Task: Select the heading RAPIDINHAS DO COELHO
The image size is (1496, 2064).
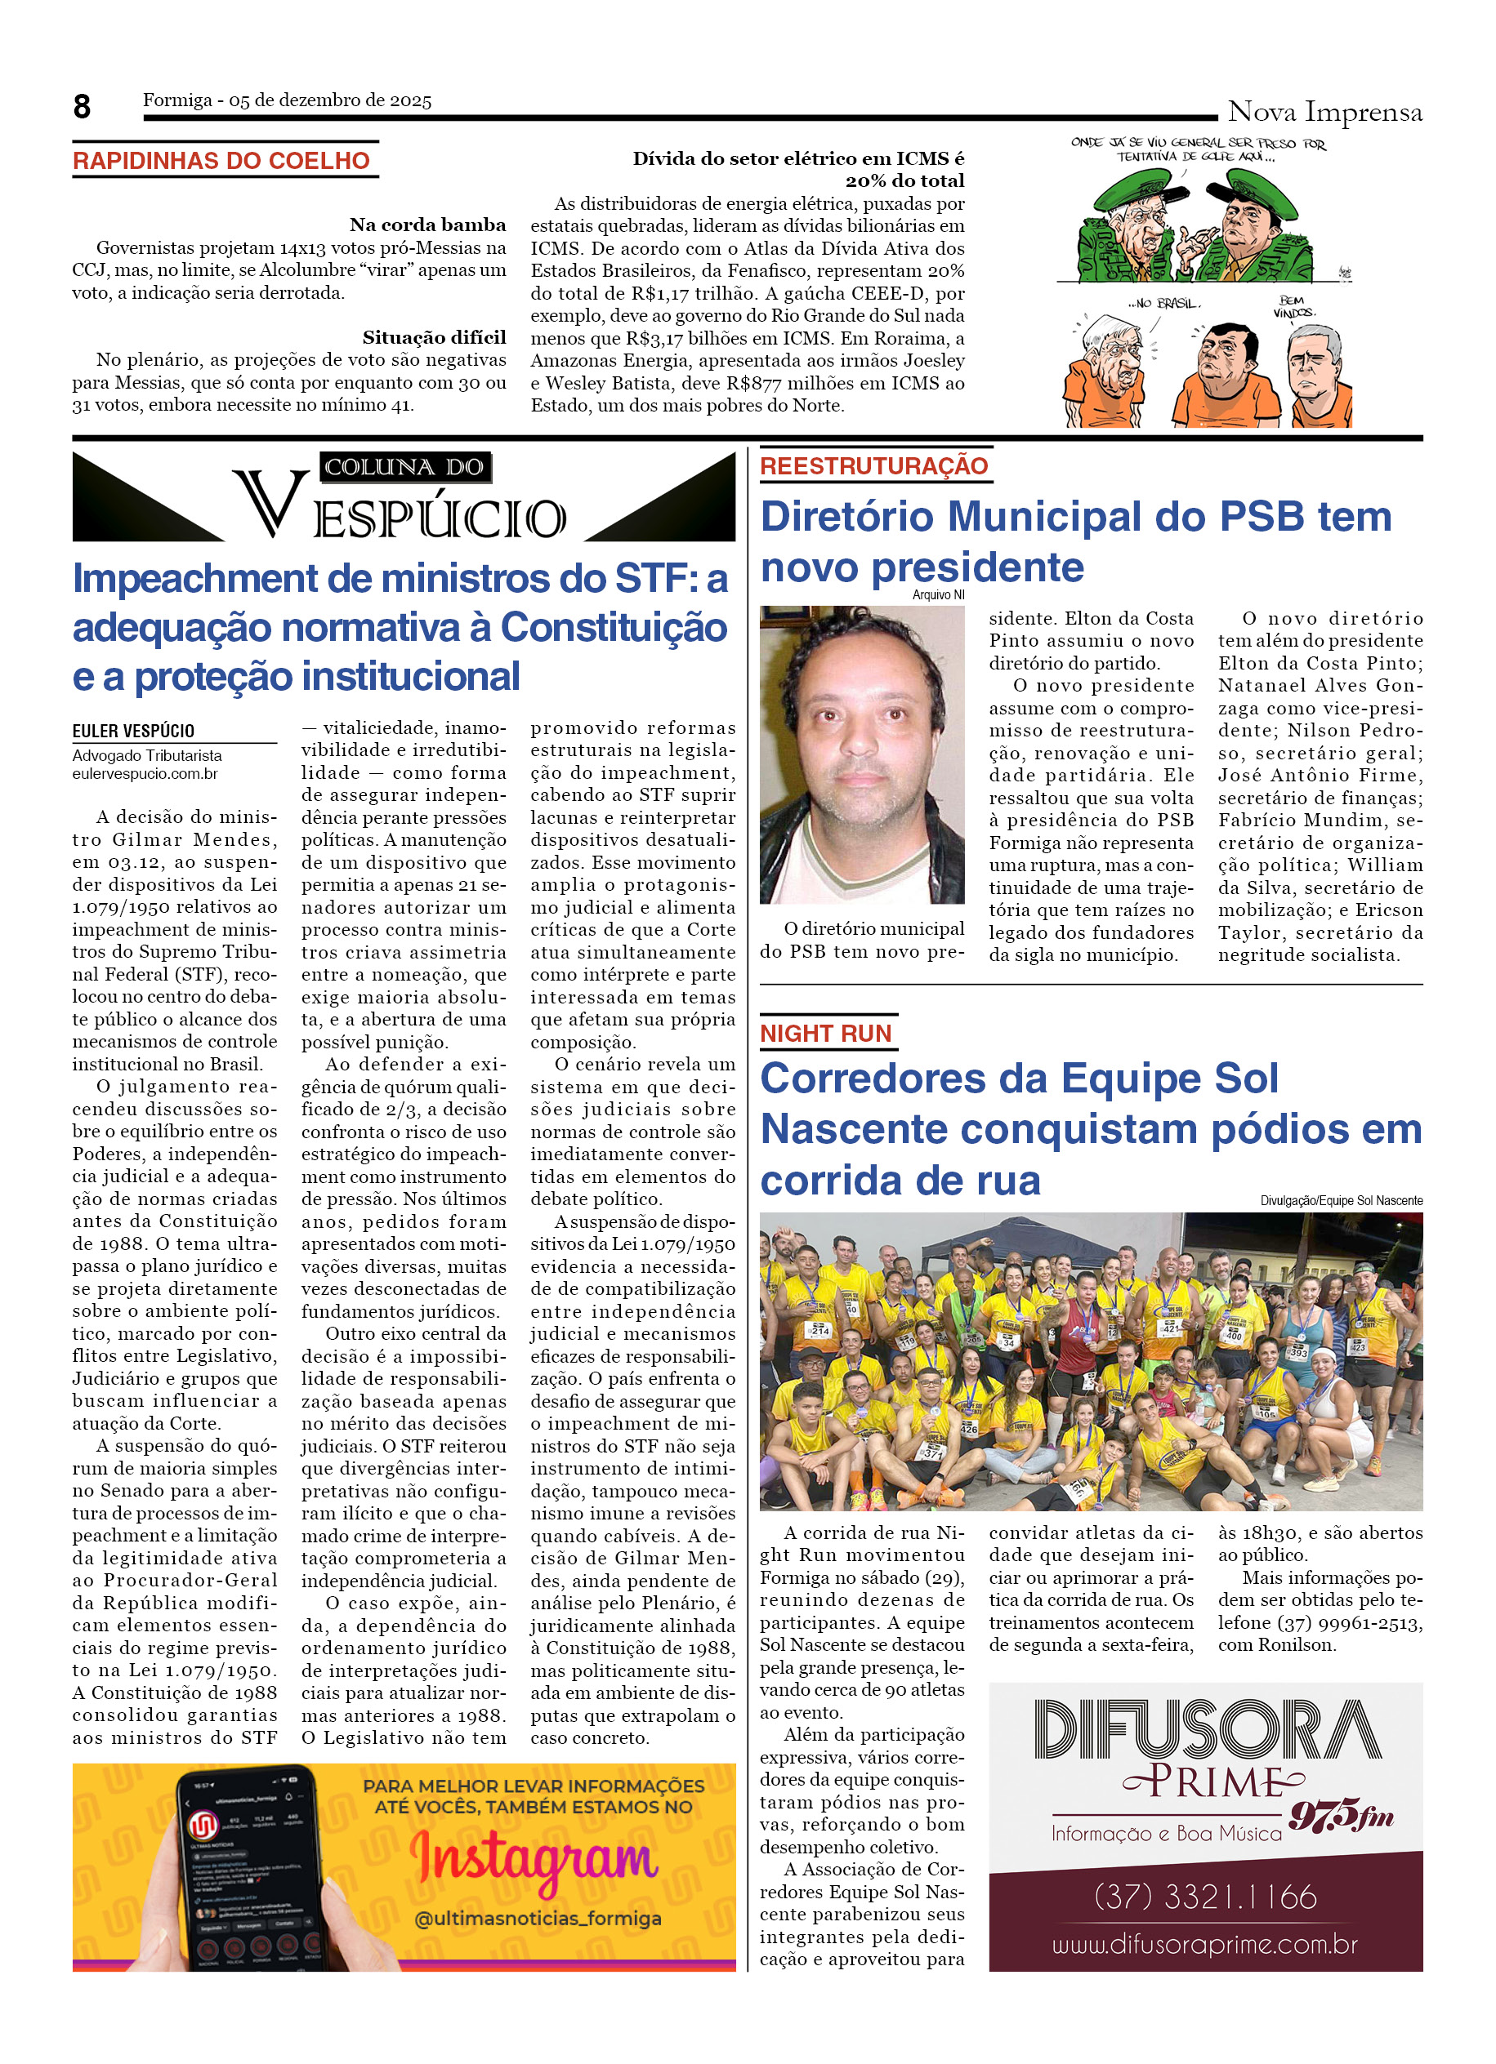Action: click(221, 161)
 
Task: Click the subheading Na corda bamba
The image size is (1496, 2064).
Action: click(427, 225)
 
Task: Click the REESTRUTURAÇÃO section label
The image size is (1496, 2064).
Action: click(873, 466)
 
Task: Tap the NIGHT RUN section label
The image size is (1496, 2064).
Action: click(825, 1034)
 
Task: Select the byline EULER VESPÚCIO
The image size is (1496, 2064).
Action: click(133, 731)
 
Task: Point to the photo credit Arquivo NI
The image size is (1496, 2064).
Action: click(938, 595)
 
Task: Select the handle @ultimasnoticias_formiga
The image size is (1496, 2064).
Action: click(538, 1919)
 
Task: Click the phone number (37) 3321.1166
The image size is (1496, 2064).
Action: click(1204, 1897)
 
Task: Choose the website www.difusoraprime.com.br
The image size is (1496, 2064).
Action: click(1204, 1945)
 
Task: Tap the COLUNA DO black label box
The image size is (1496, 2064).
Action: click(404, 467)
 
